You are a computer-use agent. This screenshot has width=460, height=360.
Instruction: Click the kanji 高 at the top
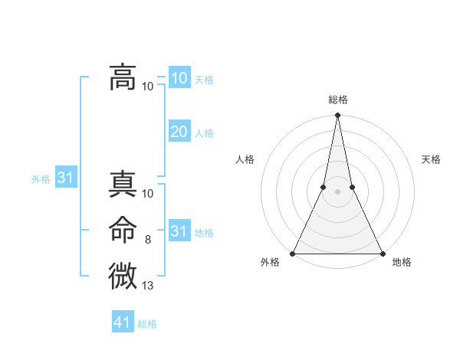[122, 77]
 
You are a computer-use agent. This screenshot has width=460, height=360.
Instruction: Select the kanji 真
[122, 185]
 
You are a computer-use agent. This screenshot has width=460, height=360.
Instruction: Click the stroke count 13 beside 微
[148, 286]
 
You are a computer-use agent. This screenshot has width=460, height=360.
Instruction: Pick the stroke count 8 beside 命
[148, 240]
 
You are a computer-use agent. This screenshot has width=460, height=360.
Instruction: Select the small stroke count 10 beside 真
[148, 195]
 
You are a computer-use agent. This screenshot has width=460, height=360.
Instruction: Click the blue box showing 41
[123, 322]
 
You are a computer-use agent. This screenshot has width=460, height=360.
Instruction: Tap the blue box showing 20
[179, 132]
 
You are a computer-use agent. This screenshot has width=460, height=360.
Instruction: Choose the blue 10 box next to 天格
[179, 77]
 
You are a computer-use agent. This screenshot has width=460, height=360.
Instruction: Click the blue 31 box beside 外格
[65, 178]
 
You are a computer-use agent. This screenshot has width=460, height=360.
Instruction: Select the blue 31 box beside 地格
[179, 231]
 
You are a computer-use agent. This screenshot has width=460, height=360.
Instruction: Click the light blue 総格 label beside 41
[147, 324]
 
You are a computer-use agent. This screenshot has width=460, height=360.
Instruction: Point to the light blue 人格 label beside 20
[204, 133]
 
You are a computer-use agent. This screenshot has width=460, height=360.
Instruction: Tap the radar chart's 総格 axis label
[337, 100]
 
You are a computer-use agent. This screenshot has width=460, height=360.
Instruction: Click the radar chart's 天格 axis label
[432, 159]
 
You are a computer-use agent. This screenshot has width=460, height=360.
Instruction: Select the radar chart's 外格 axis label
[270, 262]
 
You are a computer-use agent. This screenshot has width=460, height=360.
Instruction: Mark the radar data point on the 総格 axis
[337, 116]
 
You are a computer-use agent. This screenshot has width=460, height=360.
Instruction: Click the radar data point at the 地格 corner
[382, 254]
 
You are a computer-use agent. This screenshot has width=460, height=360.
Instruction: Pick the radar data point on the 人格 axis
[324, 187]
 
